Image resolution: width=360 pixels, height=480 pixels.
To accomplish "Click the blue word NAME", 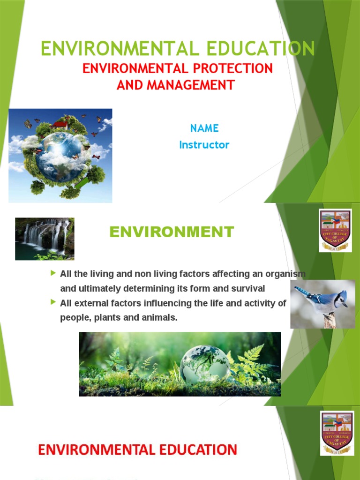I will [204, 128].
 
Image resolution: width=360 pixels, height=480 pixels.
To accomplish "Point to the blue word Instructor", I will [204, 145].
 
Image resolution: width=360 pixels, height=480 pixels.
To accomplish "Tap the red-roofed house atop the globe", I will [60, 124].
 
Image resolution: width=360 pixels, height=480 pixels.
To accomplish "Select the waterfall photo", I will [45, 239].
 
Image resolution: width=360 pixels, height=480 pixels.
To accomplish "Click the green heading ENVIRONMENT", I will [172, 232].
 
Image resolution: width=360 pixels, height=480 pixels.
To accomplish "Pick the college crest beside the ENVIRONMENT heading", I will [335, 230].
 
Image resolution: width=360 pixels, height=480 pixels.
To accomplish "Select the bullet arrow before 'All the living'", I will [53, 273].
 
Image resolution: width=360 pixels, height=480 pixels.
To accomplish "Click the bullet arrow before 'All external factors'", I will [53, 302].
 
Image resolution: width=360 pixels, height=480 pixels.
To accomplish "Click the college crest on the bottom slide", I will [337, 433].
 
